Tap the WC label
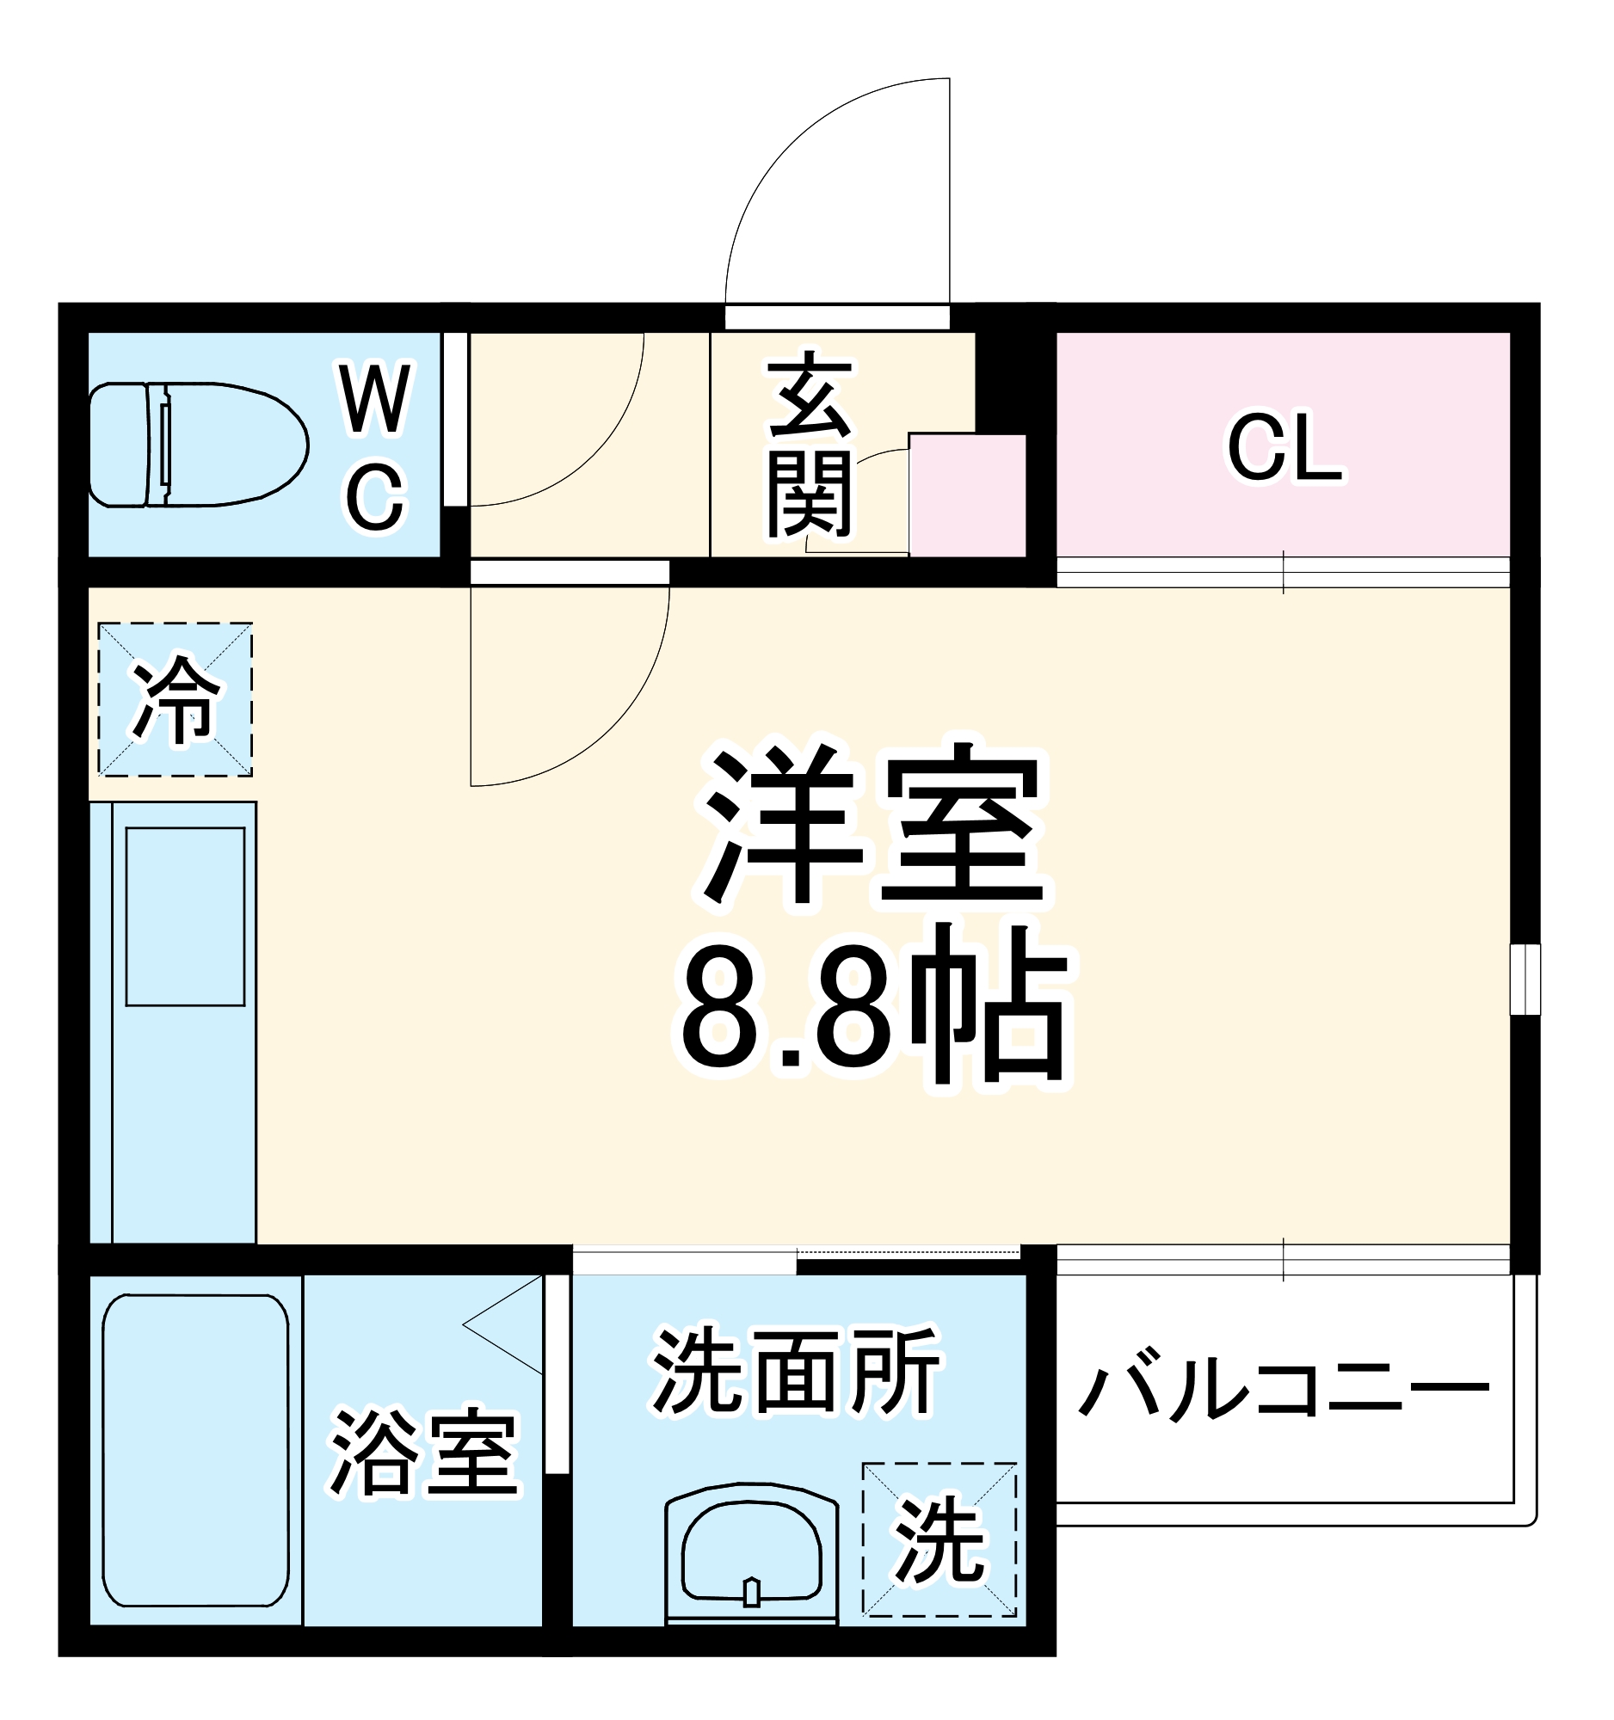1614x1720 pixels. [375, 449]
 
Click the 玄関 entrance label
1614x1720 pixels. [810, 443]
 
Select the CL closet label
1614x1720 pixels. [1284, 447]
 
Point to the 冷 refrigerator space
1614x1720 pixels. [175, 699]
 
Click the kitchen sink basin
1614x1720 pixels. [185, 916]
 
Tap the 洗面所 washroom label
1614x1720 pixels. [795, 1372]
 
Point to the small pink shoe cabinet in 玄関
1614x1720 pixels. [968, 495]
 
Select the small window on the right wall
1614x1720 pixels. [1525, 980]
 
